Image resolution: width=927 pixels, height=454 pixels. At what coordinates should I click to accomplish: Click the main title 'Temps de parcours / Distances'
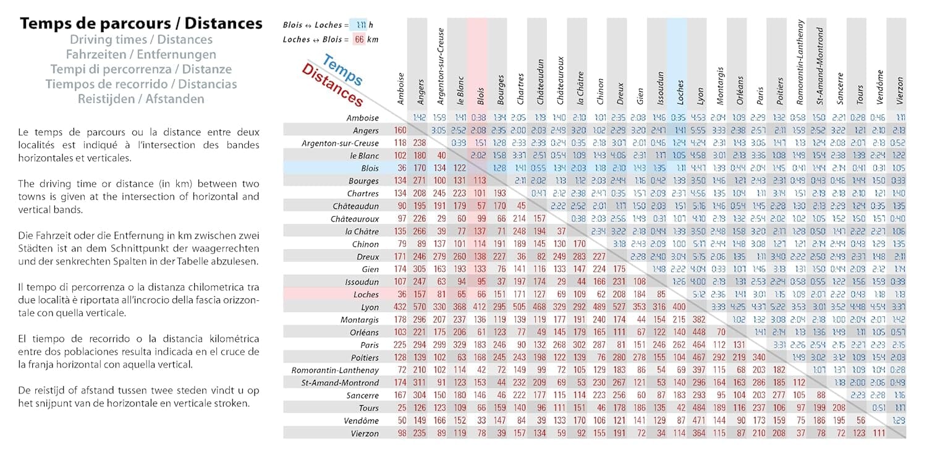coord(141,24)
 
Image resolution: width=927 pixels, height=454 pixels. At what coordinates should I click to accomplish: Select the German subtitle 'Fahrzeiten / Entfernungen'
coord(141,54)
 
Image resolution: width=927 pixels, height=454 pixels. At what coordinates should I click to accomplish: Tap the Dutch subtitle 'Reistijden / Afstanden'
coord(141,99)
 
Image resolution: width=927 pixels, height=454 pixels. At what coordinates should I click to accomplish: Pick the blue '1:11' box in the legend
coord(362,25)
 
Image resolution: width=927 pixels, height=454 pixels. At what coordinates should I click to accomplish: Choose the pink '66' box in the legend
coord(359,40)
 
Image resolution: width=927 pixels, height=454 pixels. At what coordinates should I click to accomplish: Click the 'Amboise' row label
coord(362,117)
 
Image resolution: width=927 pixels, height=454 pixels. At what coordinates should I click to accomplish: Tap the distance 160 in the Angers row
coord(400,130)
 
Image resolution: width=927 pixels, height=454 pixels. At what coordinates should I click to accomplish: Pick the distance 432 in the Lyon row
coord(400,307)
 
